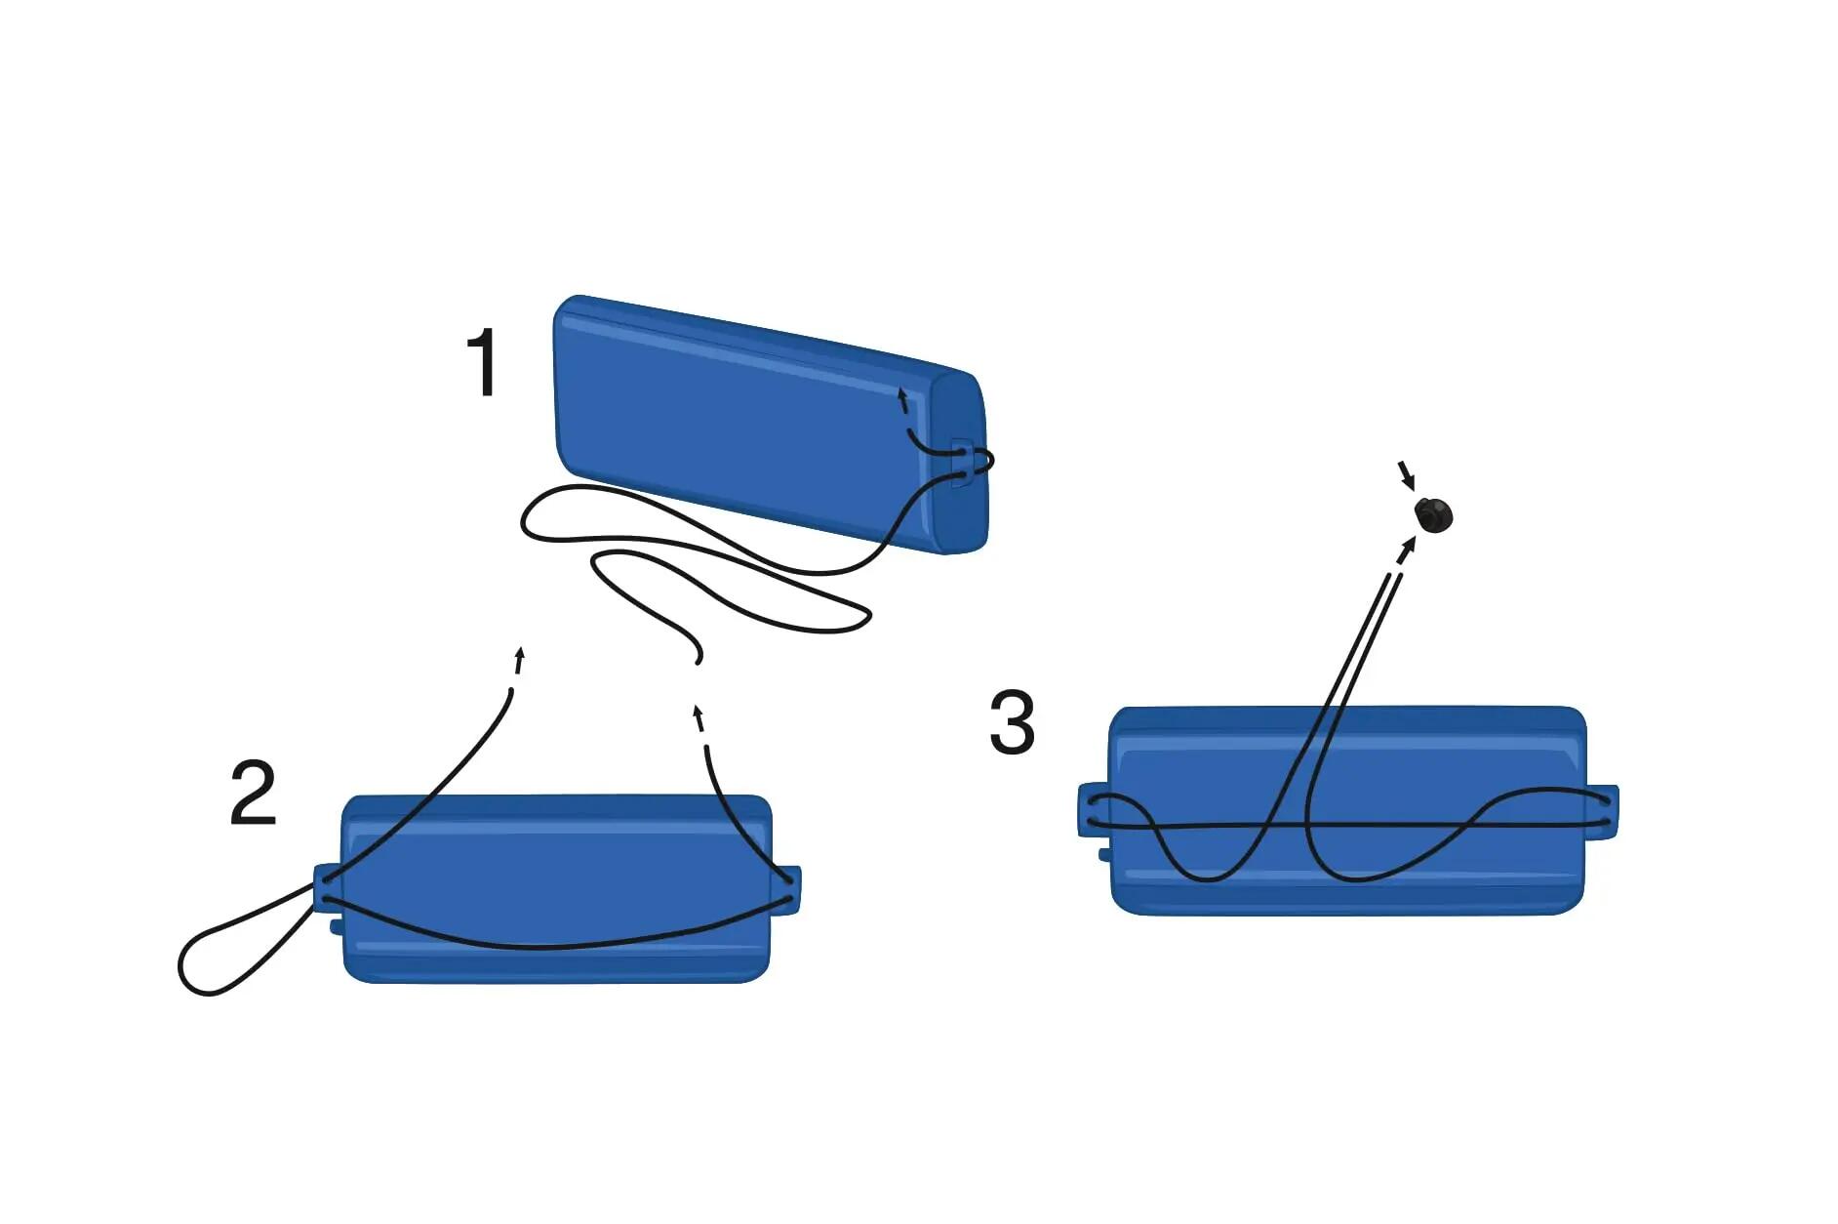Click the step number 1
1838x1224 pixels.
(x=484, y=362)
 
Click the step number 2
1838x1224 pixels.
(x=253, y=792)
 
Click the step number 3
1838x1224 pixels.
(x=1012, y=722)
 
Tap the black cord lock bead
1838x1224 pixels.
(x=1433, y=514)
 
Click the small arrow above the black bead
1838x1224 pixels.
(x=1406, y=475)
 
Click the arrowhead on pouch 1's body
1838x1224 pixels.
(x=902, y=397)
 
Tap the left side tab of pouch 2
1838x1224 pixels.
(x=327, y=888)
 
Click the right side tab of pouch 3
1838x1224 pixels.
(x=1602, y=811)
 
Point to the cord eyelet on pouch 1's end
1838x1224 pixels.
(x=962, y=463)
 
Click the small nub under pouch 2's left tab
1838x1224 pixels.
(x=336, y=925)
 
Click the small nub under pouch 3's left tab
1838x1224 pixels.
(x=1104, y=855)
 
